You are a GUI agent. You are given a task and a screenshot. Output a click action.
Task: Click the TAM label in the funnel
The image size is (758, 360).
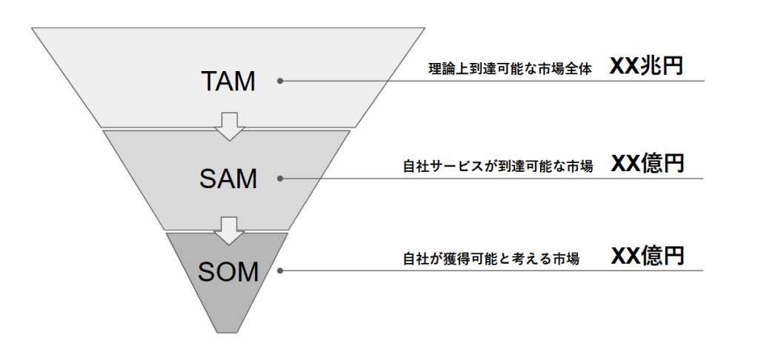point(227,81)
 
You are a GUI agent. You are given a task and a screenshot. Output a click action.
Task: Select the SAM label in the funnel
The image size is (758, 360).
point(227,179)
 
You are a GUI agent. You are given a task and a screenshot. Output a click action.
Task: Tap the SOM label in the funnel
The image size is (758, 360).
point(227,272)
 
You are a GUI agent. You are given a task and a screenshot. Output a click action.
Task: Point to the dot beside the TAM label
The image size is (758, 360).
point(279,81)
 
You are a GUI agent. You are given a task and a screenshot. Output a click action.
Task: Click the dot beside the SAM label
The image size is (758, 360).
point(279,178)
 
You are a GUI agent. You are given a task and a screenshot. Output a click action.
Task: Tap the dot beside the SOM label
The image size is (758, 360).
point(279,270)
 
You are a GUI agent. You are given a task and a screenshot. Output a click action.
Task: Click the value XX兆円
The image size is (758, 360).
point(645,67)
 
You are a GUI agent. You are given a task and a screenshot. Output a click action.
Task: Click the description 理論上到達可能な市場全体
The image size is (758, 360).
point(511,70)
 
